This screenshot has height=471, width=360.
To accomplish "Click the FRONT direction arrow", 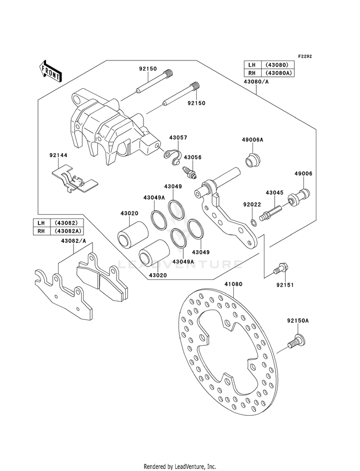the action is pyautogui.click(x=50, y=71).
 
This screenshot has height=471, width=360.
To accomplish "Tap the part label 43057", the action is pyautogui.click(x=178, y=138).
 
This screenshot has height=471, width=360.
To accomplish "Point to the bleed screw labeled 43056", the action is pyautogui.click(x=190, y=173).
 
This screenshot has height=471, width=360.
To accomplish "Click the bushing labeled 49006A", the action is pyautogui.click(x=252, y=159).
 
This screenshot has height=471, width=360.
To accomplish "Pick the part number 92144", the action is pyautogui.click(x=59, y=155).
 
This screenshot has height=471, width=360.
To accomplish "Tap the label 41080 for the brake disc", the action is pyautogui.click(x=233, y=284).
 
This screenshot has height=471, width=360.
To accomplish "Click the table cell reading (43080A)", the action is pyautogui.click(x=278, y=73).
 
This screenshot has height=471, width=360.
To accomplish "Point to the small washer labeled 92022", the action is pyautogui.click(x=254, y=223).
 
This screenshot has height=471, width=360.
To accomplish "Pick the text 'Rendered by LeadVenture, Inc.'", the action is pyautogui.click(x=180, y=467).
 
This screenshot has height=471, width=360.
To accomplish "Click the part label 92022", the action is pyautogui.click(x=252, y=205).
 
